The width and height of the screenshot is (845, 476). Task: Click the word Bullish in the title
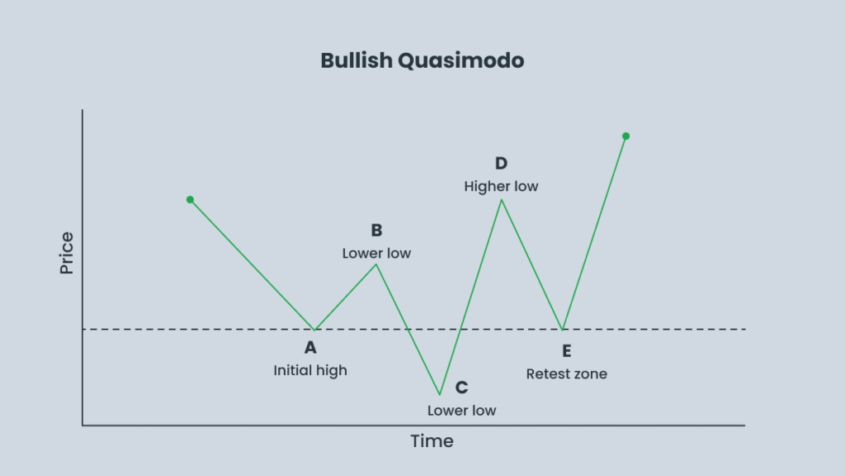(x=356, y=60)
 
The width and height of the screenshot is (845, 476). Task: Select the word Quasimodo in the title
(x=460, y=60)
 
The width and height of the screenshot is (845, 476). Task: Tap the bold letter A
(x=310, y=348)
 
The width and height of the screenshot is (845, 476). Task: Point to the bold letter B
(x=376, y=231)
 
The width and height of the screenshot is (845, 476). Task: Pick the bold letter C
(x=462, y=388)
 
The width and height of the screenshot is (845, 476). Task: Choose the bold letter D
(x=501, y=164)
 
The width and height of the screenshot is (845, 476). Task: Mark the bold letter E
(x=566, y=351)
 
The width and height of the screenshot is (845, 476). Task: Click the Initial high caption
(x=310, y=371)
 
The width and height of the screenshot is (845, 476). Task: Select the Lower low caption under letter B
(x=376, y=253)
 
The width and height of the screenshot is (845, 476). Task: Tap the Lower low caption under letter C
(x=462, y=411)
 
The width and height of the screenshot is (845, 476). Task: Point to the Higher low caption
(x=501, y=187)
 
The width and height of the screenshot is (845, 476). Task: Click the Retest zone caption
(x=566, y=374)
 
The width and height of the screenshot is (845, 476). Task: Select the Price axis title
(x=67, y=253)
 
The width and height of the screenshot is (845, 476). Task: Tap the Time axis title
(x=432, y=441)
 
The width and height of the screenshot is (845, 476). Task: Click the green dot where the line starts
(x=191, y=200)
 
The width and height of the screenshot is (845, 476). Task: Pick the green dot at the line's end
(x=625, y=136)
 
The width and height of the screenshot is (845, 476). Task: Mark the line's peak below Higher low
(x=502, y=200)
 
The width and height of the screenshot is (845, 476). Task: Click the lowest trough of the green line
(x=440, y=394)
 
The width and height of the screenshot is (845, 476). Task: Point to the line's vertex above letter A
(x=314, y=329)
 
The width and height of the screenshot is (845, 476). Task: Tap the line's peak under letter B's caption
(x=376, y=264)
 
